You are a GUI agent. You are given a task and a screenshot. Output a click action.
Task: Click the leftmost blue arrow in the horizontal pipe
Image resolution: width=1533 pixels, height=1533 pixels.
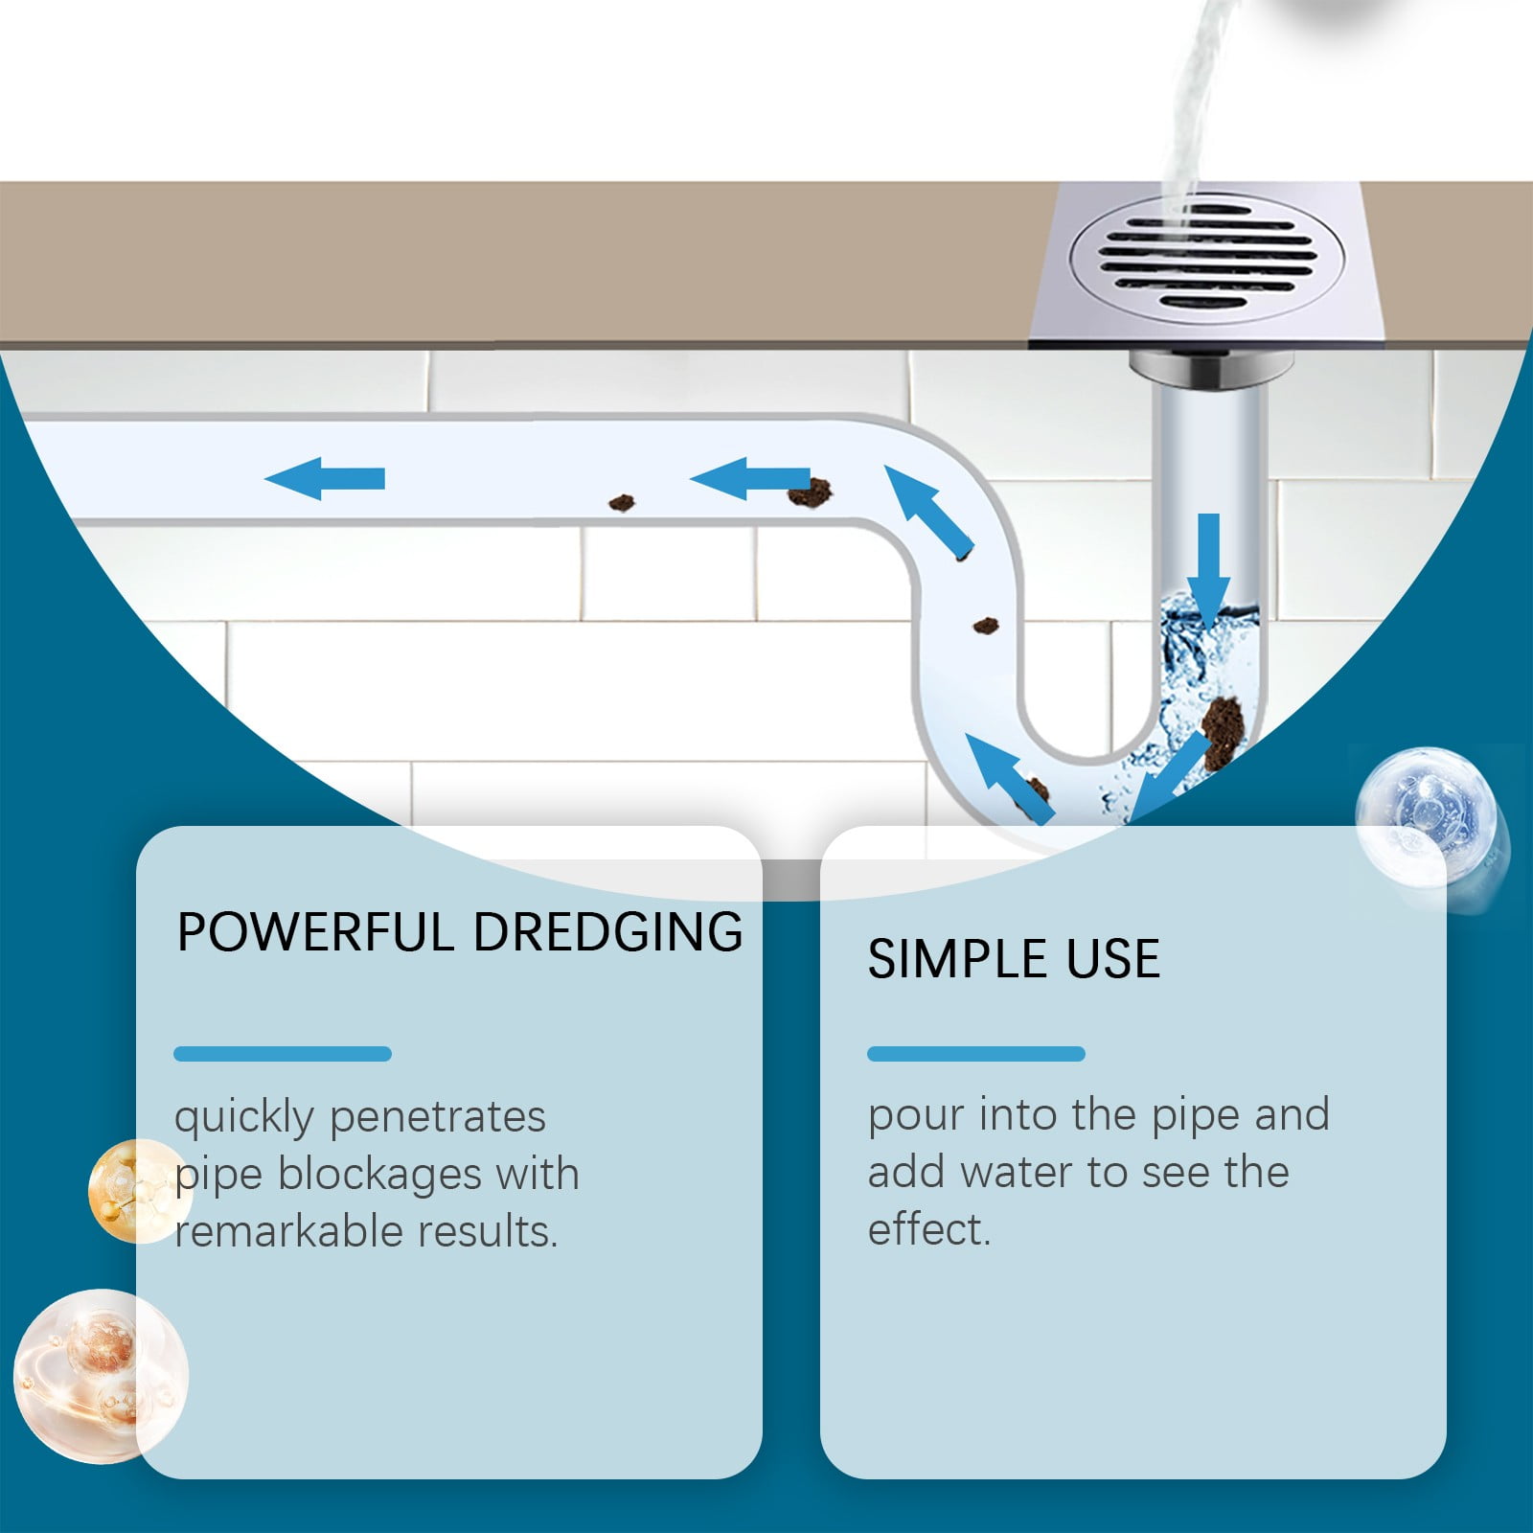click(325, 478)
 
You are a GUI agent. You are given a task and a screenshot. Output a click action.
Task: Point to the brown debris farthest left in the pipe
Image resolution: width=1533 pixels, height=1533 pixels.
click(622, 502)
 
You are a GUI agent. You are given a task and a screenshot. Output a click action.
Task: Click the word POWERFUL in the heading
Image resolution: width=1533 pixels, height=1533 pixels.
click(315, 932)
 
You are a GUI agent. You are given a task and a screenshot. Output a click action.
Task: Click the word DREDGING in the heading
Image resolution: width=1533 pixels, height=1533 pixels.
click(607, 932)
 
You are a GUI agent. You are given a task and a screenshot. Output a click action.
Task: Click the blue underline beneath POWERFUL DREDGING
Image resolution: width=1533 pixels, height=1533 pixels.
click(283, 1054)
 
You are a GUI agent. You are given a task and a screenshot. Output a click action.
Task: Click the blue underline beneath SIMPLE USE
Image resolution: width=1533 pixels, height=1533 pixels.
click(975, 1054)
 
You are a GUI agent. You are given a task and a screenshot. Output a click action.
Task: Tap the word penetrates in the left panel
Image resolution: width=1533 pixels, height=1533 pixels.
click(437, 1117)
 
